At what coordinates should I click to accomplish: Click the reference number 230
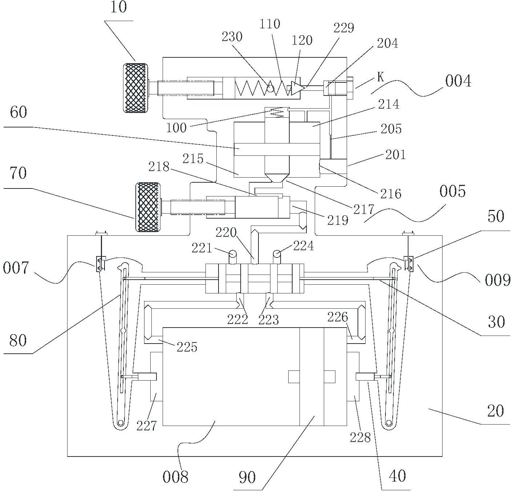(232, 37)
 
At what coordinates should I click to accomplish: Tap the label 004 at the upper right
(458, 81)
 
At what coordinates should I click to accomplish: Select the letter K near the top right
(381, 77)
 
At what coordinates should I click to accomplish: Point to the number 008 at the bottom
(175, 477)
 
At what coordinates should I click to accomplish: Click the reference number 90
(247, 477)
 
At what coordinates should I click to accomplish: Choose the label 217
(364, 209)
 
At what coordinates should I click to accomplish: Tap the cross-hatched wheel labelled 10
(135, 88)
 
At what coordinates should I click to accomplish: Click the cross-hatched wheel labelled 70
(148, 207)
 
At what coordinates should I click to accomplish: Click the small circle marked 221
(232, 254)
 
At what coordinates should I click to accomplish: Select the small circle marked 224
(277, 254)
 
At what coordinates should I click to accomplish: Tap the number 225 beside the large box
(187, 347)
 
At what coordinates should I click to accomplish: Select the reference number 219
(338, 220)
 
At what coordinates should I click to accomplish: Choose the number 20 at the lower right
(495, 411)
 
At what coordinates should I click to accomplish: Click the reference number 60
(19, 112)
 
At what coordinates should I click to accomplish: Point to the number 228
(360, 438)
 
